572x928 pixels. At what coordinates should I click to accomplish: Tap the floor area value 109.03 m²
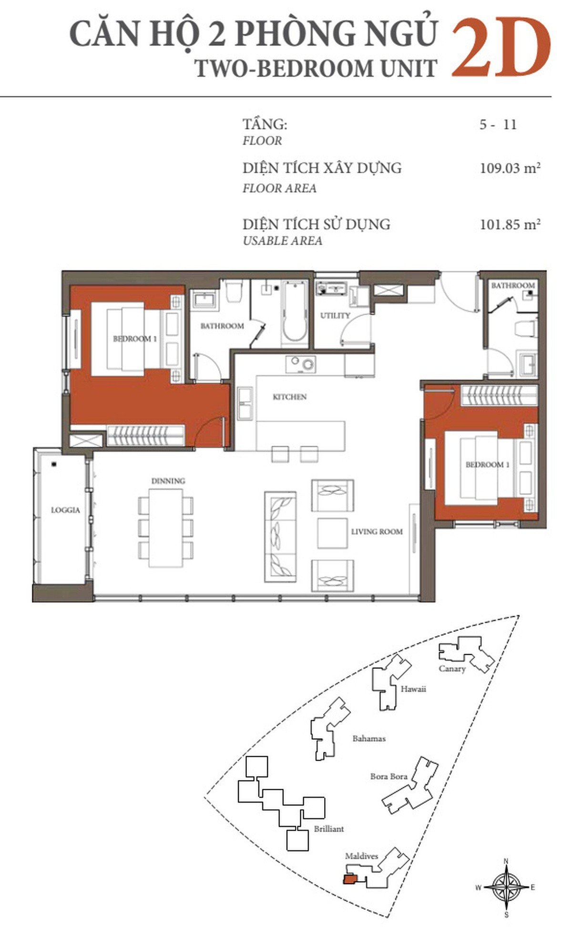click(x=510, y=168)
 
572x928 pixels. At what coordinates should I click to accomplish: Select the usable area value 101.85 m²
click(x=510, y=224)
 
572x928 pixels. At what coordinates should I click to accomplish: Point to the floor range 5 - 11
click(x=498, y=125)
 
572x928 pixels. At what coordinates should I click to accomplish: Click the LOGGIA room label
click(x=66, y=510)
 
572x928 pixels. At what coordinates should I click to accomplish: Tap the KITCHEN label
click(x=290, y=397)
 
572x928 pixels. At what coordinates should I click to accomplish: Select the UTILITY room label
click(x=335, y=315)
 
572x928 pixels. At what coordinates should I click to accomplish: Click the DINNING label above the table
click(x=168, y=481)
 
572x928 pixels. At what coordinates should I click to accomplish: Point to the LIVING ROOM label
click(x=377, y=531)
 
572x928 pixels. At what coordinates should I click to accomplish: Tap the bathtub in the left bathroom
click(x=295, y=312)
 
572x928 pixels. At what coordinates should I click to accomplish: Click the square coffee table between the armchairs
click(x=332, y=533)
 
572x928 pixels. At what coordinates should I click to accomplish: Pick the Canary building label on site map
click(x=452, y=669)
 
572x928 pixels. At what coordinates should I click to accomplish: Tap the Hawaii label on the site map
click(x=413, y=689)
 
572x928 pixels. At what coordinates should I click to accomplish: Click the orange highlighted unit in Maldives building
click(x=349, y=878)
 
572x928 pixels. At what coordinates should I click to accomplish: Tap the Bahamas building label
click(x=369, y=739)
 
